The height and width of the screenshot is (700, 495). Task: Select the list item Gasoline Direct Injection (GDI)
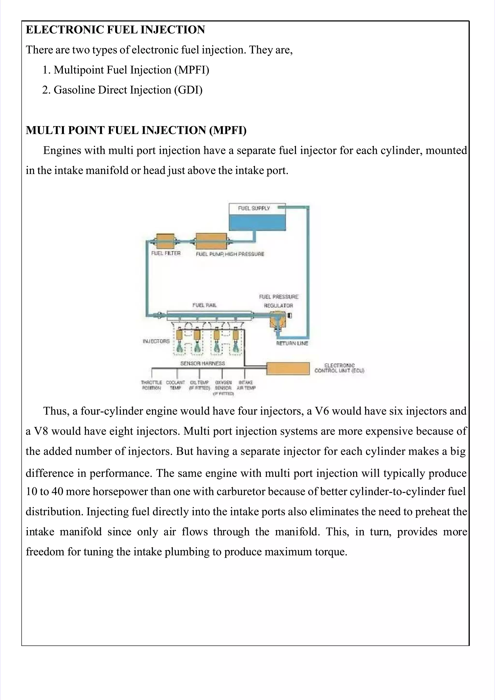128,90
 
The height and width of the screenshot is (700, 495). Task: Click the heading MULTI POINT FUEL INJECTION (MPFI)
136,130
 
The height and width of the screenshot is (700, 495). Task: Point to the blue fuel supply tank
257,222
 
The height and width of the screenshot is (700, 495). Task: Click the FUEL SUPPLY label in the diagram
254,208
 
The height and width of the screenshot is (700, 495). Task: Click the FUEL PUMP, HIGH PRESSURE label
230,254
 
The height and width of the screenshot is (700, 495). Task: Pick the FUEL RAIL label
204,305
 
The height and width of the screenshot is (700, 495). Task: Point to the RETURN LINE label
292,343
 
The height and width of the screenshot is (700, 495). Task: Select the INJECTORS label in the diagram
156,341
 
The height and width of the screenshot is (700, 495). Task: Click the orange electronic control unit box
288,368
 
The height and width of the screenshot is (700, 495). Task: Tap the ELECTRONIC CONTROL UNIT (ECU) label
339,368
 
